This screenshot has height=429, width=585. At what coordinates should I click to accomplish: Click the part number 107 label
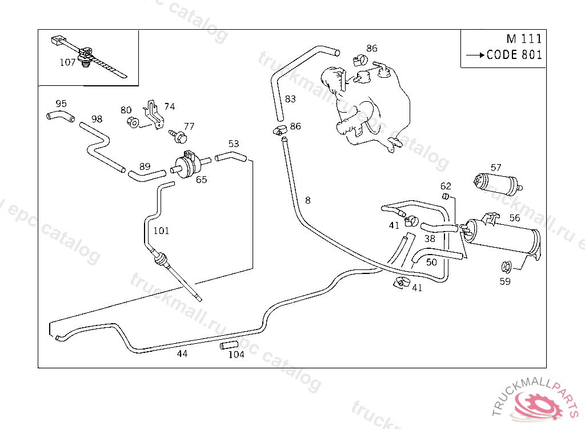[67, 62]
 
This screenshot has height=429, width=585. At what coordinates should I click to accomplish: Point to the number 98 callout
[97, 119]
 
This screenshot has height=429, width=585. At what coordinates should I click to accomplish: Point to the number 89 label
[145, 167]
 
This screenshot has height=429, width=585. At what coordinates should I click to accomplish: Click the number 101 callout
[162, 231]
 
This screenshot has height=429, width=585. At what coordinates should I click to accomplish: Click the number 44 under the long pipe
[182, 353]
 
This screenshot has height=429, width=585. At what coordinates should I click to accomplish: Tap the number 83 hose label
[290, 99]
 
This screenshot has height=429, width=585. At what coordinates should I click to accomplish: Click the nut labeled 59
[505, 267]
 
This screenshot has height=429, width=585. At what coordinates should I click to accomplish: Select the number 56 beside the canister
[514, 217]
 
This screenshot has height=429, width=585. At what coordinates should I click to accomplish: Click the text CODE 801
[514, 55]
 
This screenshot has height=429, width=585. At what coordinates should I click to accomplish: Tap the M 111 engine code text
[523, 39]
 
